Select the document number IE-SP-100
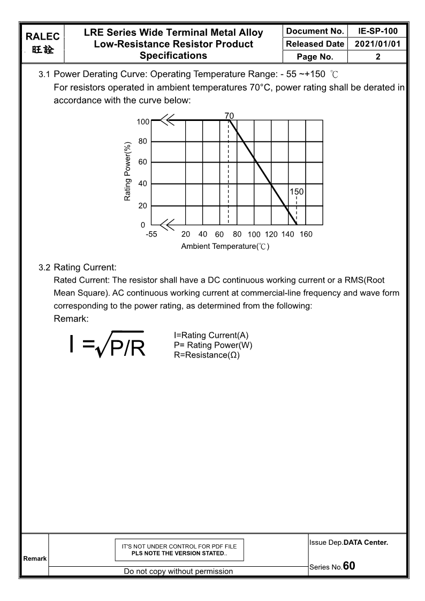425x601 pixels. click(377, 32)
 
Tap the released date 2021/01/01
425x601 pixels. click(377, 44)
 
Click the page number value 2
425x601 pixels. click(377, 56)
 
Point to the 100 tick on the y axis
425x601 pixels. click(142, 121)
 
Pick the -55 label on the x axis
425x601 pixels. click(151, 234)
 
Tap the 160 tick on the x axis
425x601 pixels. click(306, 234)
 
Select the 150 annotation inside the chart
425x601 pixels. click(297, 191)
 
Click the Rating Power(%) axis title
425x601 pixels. click(127, 172)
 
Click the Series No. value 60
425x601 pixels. click(349, 566)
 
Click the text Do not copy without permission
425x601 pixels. click(178, 571)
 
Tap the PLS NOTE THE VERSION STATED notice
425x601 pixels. click(179, 553)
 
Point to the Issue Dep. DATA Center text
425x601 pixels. click(348, 543)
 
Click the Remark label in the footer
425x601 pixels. click(34, 558)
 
